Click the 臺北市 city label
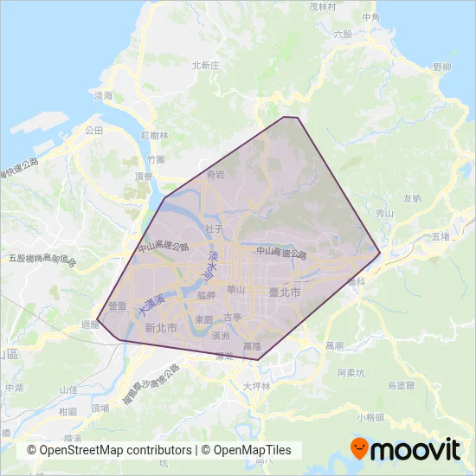(285, 293)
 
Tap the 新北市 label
(161, 328)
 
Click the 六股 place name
(343, 34)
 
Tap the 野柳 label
(442, 67)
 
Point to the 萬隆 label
(252, 346)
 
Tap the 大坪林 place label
(256, 386)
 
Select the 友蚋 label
(412, 198)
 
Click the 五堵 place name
(441, 235)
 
